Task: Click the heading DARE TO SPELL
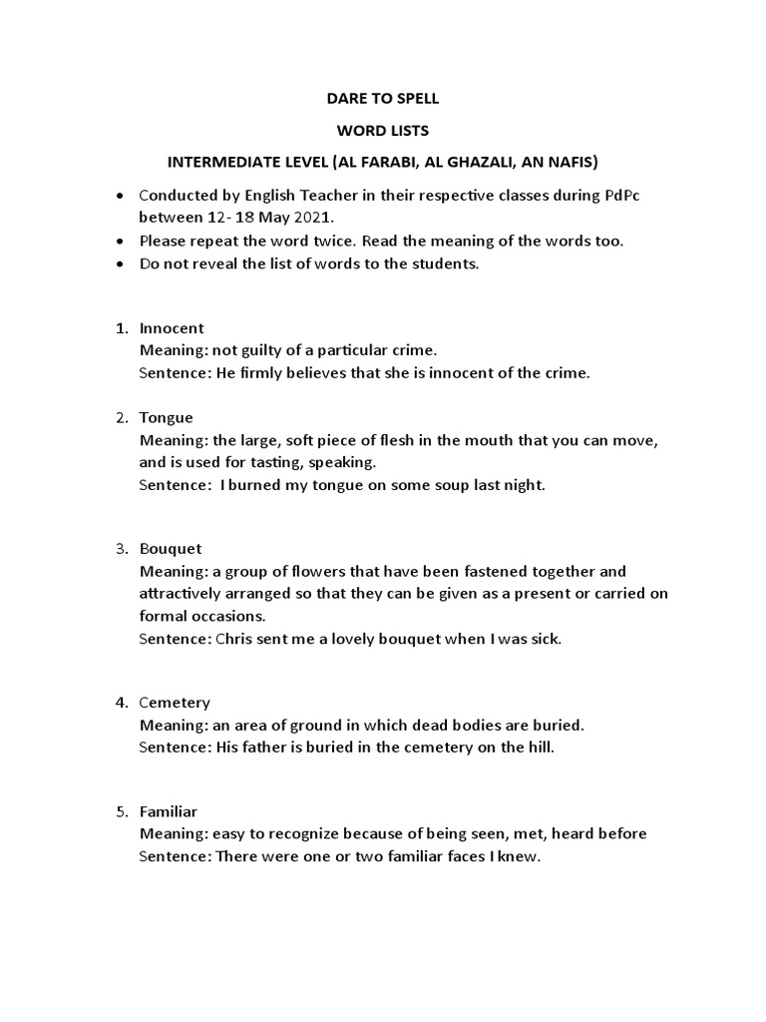point(383,100)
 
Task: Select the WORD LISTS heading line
point(383,131)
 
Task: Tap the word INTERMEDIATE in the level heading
point(216,162)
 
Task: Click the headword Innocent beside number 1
point(172,328)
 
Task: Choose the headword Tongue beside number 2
point(167,417)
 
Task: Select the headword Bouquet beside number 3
point(171,549)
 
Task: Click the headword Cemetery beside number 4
point(175,703)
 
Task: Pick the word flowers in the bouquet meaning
point(307,572)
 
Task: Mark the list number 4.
point(121,703)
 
